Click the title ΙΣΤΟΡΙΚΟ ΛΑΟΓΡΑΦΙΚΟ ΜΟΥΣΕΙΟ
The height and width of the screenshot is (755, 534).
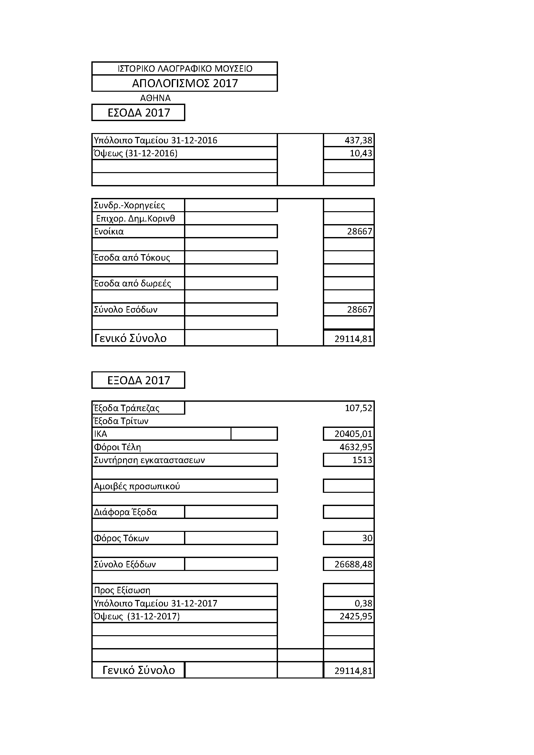[x=185, y=69]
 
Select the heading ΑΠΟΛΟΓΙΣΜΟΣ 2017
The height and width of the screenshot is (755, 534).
[x=185, y=83]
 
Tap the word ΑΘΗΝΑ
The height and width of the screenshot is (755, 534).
[x=155, y=98]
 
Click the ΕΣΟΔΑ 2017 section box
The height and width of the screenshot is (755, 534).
[x=139, y=113]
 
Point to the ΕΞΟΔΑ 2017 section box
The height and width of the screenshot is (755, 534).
[x=139, y=380]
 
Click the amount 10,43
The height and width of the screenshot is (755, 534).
[x=361, y=153]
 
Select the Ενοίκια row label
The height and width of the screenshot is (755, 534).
[x=109, y=232]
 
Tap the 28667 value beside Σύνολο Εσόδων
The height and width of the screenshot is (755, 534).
[x=359, y=309]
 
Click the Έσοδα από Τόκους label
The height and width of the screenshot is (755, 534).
[x=132, y=257]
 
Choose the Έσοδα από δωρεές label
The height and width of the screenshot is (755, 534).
[x=132, y=284]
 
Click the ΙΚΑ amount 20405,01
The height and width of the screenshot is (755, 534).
[x=353, y=434]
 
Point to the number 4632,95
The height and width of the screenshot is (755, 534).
[x=356, y=447]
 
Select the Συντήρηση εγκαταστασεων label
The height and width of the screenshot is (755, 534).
[x=149, y=460]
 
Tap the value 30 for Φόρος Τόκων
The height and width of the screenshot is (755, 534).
[x=367, y=538]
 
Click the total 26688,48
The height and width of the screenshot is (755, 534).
[x=353, y=564]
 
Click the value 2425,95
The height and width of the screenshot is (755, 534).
[x=356, y=616]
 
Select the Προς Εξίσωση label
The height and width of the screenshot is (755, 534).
[x=122, y=590]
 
